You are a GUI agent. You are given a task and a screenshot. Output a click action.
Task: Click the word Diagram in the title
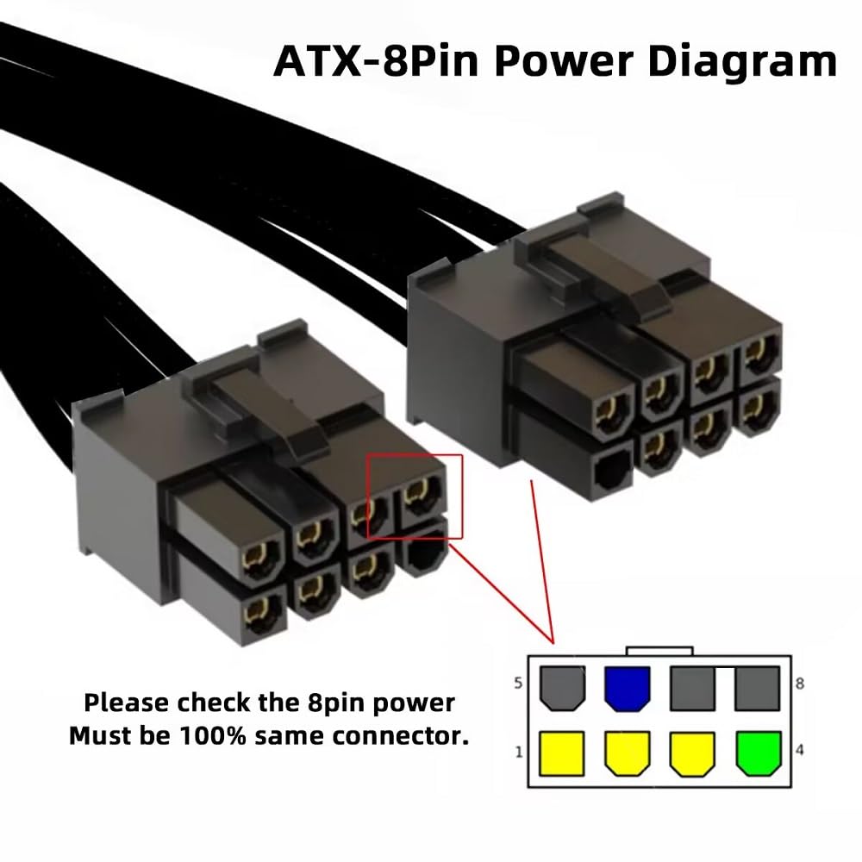[742, 62]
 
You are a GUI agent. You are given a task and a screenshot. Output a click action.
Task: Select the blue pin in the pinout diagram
[628, 689]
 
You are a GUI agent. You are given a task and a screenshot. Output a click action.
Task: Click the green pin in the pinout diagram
[759, 753]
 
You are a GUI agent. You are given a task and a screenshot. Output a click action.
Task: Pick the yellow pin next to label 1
[562, 753]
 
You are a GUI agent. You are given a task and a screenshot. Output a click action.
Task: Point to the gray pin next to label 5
[562, 689]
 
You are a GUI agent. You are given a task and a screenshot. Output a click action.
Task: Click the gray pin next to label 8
[757, 689]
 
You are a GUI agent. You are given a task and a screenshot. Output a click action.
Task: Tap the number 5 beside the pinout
[518, 684]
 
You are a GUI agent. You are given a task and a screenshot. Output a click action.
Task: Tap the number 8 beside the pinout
[800, 684]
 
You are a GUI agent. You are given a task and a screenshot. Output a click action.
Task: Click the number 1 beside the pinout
[519, 752]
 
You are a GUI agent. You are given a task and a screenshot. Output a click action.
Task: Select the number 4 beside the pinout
[800, 749]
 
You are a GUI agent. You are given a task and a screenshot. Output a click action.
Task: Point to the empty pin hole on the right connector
[611, 472]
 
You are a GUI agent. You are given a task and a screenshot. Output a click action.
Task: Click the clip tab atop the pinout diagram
[659, 651]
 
